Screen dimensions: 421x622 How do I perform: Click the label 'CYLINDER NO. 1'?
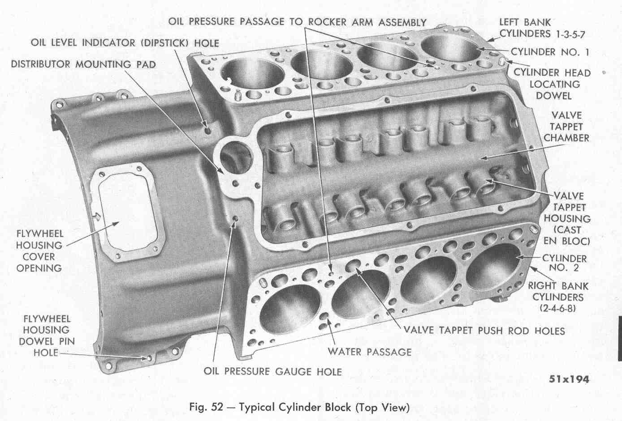[550, 52]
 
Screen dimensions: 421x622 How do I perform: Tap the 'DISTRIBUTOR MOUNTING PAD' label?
[83, 64]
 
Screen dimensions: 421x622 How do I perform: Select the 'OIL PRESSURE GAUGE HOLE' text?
[272, 371]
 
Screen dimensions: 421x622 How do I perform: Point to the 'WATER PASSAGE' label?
[369, 352]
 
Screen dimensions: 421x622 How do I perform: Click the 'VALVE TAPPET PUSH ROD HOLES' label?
[484, 331]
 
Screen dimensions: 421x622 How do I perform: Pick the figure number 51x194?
[569, 379]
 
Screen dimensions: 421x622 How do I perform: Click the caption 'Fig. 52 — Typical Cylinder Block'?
[299, 407]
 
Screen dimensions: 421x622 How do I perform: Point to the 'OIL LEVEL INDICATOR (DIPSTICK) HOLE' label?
[125, 43]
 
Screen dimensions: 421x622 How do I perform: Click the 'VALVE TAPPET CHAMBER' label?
[566, 127]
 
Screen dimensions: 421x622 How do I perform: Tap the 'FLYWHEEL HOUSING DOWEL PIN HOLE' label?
[46, 336]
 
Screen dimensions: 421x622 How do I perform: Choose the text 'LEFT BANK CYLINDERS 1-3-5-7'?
[542, 28]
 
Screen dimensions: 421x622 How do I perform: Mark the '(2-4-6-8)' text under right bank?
[558, 309]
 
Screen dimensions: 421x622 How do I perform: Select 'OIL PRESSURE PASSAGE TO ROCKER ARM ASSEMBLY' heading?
[298, 21]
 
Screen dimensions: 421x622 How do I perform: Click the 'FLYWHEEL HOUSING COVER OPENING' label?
[39, 251]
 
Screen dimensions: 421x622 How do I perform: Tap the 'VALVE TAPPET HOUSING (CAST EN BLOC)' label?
[567, 218]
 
